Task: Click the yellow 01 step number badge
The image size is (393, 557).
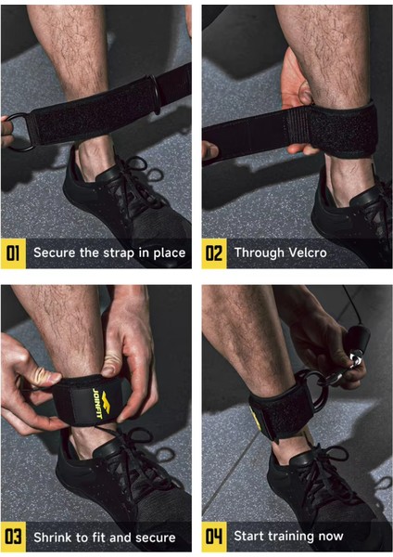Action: (14, 253)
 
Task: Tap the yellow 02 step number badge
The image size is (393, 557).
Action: (214, 253)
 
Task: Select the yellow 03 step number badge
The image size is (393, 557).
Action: (14, 536)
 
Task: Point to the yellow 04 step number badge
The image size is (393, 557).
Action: (214, 536)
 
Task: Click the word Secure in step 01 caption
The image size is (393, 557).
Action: (55, 253)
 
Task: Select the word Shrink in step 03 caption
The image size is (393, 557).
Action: (55, 537)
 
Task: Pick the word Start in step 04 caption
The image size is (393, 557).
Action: (250, 537)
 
